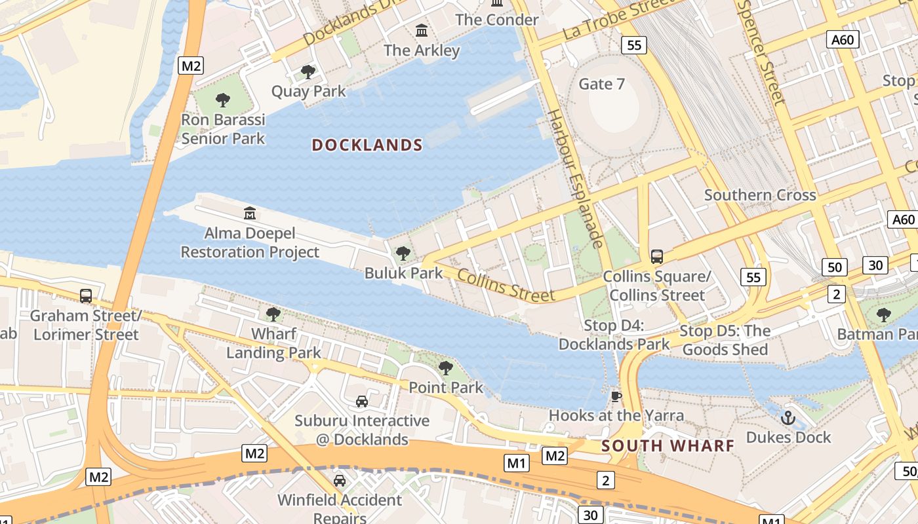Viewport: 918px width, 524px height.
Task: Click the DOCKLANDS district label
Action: [x=367, y=145]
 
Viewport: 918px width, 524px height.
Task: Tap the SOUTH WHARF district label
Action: [x=668, y=446]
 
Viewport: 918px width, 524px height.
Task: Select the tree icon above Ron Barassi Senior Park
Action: [x=223, y=100]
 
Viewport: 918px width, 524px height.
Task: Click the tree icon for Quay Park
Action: [x=308, y=72]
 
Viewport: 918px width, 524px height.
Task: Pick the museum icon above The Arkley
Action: [x=422, y=30]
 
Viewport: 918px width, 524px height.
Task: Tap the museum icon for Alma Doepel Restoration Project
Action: [x=249, y=214]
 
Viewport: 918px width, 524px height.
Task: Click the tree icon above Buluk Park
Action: [x=403, y=253]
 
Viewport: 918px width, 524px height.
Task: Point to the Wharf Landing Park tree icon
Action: [x=273, y=314]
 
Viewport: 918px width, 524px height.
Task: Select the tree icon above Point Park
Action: [x=446, y=368]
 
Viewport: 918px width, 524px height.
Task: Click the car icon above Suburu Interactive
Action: [x=361, y=401]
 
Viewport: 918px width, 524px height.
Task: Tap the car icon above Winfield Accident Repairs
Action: [x=339, y=481]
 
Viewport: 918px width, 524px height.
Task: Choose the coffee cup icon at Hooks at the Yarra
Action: [x=616, y=396]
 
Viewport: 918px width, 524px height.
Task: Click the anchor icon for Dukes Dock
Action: [x=788, y=417]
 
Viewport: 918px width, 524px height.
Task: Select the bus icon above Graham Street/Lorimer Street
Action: [x=85, y=295]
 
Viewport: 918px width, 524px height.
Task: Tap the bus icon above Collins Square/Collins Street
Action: [x=656, y=256]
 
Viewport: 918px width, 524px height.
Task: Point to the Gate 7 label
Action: [x=601, y=84]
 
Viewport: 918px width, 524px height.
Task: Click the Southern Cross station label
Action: [x=760, y=195]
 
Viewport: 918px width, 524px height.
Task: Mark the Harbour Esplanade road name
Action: [x=575, y=179]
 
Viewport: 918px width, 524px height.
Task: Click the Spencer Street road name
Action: [x=761, y=52]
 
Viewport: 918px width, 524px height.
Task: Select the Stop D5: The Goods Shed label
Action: [x=725, y=340]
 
